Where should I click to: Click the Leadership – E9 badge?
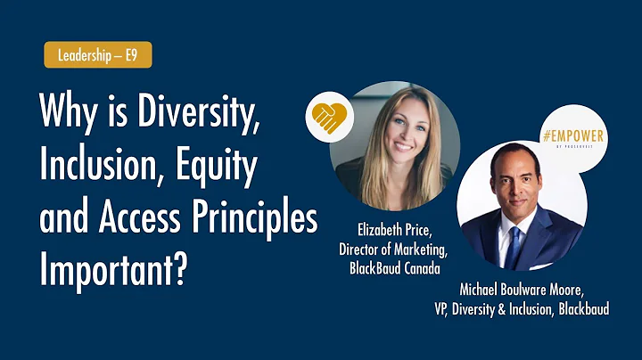97,55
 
